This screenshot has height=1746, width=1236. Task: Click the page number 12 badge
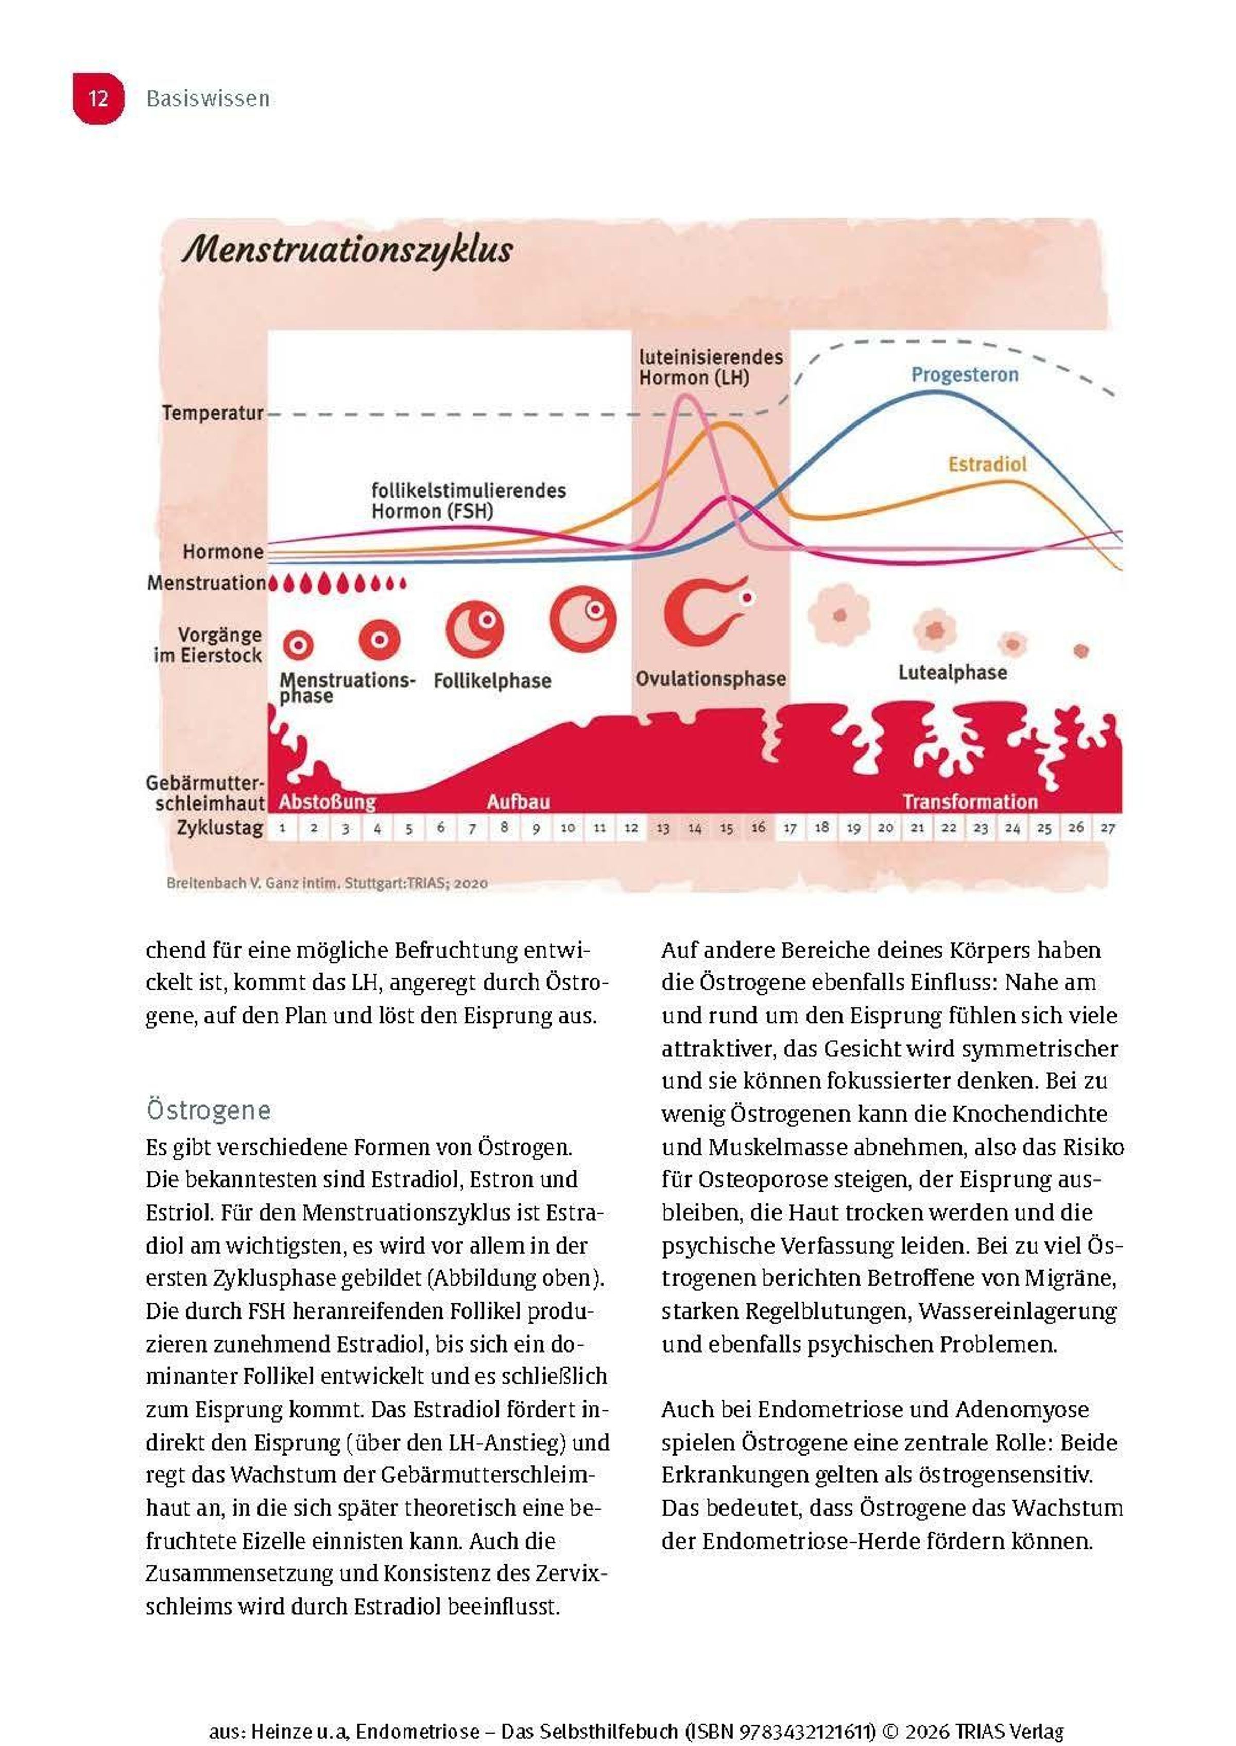tap(97, 98)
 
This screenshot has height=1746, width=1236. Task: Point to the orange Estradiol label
tap(987, 464)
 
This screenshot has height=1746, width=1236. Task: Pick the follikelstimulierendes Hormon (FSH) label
tap(468, 500)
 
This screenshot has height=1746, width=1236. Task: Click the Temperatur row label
tap(212, 413)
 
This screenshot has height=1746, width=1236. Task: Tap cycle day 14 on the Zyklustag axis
tap(694, 828)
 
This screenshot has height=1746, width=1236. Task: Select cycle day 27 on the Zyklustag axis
tap(1107, 828)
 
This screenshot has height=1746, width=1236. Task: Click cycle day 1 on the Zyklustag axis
tap(282, 828)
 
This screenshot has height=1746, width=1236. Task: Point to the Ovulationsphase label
tap(710, 679)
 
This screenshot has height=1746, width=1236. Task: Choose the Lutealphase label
tap(952, 673)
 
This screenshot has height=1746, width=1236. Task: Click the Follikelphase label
tap(492, 680)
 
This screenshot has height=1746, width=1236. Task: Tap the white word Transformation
tap(970, 801)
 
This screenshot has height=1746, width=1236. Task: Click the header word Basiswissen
tap(208, 99)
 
